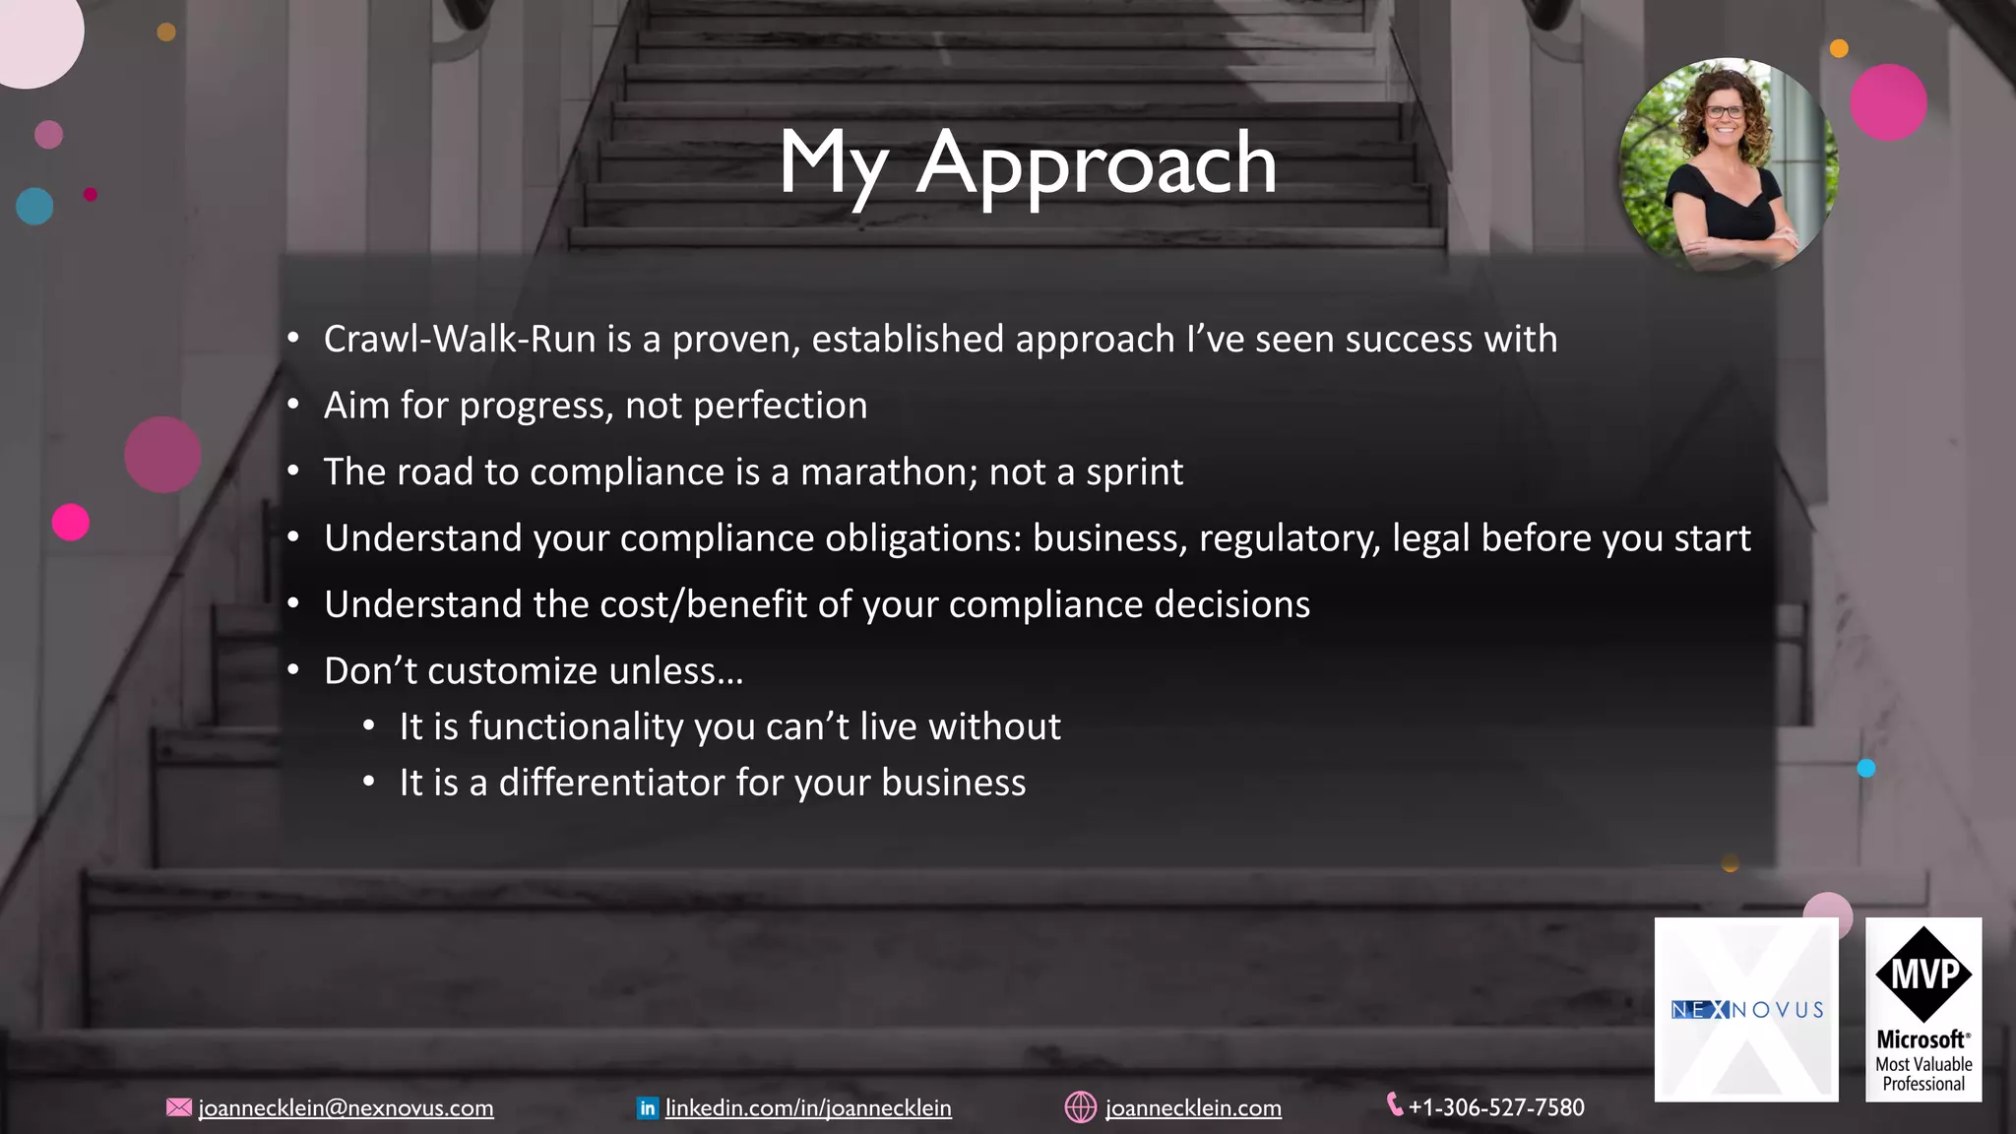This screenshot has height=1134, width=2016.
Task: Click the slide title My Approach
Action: click(1027, 162)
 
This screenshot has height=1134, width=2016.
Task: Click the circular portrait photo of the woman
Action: click(1728, 164)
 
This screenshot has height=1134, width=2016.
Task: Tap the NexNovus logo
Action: click(1746, 1009)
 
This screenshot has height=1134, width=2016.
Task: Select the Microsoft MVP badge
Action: click(1923, 1009)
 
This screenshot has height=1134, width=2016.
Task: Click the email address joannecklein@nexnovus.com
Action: click(346, 1108)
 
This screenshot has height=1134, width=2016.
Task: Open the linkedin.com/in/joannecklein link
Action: click(808, 1108)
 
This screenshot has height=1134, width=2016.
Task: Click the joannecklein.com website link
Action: click(1193, 1108)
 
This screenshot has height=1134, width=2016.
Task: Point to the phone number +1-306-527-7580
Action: click(1496, 1107)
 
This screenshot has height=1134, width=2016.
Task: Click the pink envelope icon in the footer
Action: click(179, 1107)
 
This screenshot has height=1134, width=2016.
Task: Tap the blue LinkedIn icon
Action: click(648, 1108)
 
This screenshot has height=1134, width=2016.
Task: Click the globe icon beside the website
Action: click(1080, 1107)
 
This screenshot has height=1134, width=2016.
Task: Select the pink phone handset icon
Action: click(1395, 1104)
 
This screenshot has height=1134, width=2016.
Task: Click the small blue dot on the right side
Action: click(1866, 769)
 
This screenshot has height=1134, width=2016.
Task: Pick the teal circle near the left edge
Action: click(34, 207)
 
